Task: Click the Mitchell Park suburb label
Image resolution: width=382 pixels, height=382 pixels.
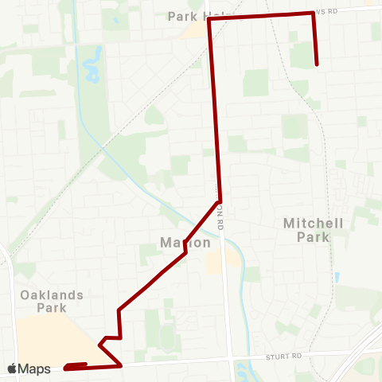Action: [x=313, y=230]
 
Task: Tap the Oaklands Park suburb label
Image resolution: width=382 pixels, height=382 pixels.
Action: [x=53, y=301]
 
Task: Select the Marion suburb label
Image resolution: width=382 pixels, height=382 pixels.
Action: [x=185, y=243]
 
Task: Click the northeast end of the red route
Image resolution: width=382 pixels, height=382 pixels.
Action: [x=317, y=64]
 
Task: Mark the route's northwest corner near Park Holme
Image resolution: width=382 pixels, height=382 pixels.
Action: [x=209, y=19]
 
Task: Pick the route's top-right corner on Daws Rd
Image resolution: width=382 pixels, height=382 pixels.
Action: [x=312, y=13]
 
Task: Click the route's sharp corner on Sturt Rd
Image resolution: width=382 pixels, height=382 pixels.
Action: [x=120, y=366]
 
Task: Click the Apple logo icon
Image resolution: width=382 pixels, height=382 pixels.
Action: [x=12, y=368]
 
